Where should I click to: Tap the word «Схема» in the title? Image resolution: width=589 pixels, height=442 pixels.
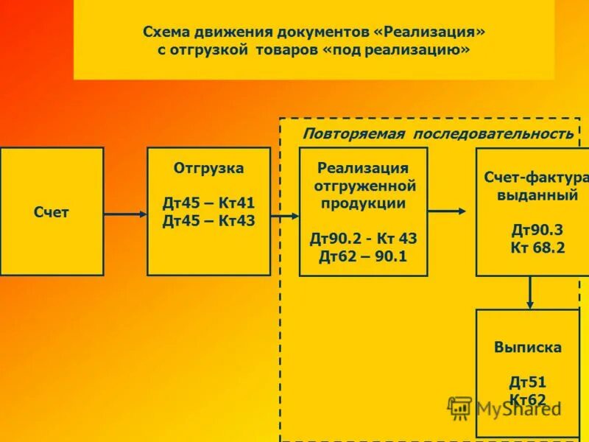click(x=166, y=32)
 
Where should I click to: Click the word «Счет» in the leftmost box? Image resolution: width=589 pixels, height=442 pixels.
click(x=52, y=212)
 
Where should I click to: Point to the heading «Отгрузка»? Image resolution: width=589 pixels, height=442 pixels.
click(x=208, y=168)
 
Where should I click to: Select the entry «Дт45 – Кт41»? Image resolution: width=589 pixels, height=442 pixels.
click(x=208, y=203)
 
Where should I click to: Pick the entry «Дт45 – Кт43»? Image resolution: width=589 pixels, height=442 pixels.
click(x=208, y=220)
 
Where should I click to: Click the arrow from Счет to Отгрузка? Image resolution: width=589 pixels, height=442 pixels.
click(x=125, y=214)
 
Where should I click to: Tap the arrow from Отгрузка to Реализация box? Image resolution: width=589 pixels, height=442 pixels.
click(x=285, y=216)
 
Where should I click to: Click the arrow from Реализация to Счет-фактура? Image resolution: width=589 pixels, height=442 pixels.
click(x=447, y=211)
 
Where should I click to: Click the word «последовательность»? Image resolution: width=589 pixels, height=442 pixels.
click(x=493, y=133)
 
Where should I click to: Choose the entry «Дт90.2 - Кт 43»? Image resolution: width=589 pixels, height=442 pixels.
click(x=363, y=239)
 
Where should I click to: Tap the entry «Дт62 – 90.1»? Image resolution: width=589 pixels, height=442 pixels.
click(x=363, y=256)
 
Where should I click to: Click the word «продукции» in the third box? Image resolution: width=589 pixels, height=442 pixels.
click(x=363, y=203)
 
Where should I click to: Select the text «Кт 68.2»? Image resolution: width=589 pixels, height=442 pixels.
click(x=537, y=248)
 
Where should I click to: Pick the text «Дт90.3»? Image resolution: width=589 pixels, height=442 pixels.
click(x=537, y=231)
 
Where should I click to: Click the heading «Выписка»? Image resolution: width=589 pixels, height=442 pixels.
click(x=528, y=347)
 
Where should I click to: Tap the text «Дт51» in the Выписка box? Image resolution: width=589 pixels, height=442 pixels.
click(x=528, y=382)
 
